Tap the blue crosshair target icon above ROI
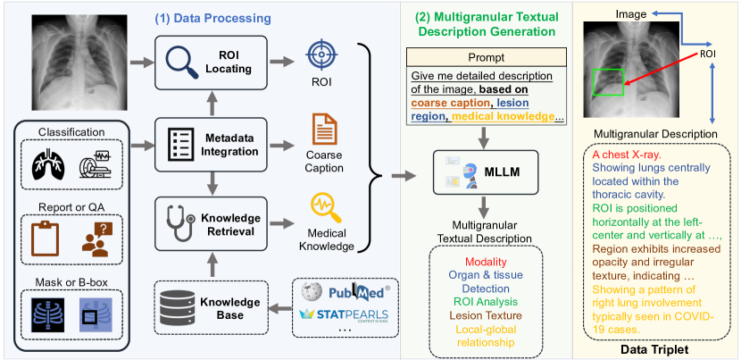pos(320,54)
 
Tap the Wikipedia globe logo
pos(310,291)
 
